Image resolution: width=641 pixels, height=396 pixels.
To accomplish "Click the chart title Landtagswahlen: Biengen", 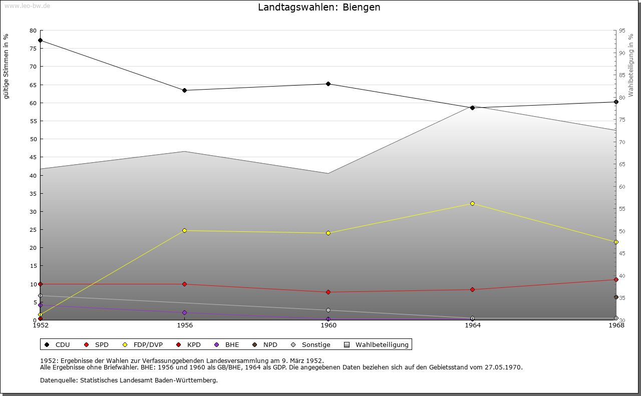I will (x=319, y=8).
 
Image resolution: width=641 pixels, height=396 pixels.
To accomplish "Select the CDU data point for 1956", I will (x=184, y=91).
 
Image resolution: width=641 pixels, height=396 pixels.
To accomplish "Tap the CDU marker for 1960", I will (x=328, y=84).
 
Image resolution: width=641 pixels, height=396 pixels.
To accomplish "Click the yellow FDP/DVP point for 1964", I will (x=472, y=203).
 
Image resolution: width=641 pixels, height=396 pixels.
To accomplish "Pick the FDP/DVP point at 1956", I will (x=184, y=230).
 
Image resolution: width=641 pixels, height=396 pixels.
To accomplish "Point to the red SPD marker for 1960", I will (x=328, y=292).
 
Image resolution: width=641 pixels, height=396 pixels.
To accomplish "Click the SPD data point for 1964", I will (x=472, y=289).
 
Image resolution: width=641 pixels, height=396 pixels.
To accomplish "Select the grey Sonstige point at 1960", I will (x=328, y=310).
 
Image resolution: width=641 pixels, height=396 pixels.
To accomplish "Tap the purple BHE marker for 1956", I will (x=184, y=313).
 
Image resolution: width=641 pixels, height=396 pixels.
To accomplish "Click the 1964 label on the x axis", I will (x=472, y=325).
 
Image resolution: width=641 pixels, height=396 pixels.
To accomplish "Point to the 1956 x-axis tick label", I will (x=184, y=325).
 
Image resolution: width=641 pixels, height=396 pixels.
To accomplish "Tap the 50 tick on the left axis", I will (x=33, y=139).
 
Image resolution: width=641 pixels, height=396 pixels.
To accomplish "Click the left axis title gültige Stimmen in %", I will (x=6, y=67).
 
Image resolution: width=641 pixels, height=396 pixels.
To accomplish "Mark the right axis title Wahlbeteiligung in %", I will (x=631, y=66).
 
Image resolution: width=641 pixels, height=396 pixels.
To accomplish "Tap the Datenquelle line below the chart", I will (x=129, y=380).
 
